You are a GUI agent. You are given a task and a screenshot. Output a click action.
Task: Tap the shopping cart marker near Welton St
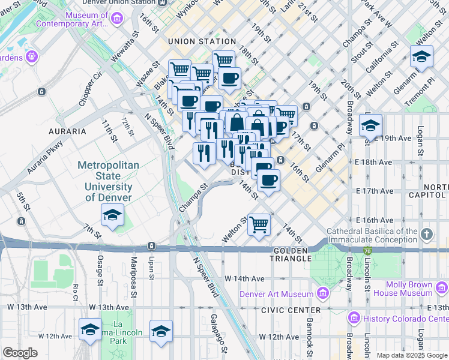[259, 225]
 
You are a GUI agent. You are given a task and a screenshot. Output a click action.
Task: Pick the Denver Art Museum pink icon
[323, 293]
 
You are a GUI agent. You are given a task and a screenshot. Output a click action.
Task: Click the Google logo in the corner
[20, 353]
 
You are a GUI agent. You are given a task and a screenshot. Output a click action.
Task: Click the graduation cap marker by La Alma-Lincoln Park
[90, 329]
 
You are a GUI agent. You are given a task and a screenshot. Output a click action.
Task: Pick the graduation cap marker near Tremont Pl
[422, 57]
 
